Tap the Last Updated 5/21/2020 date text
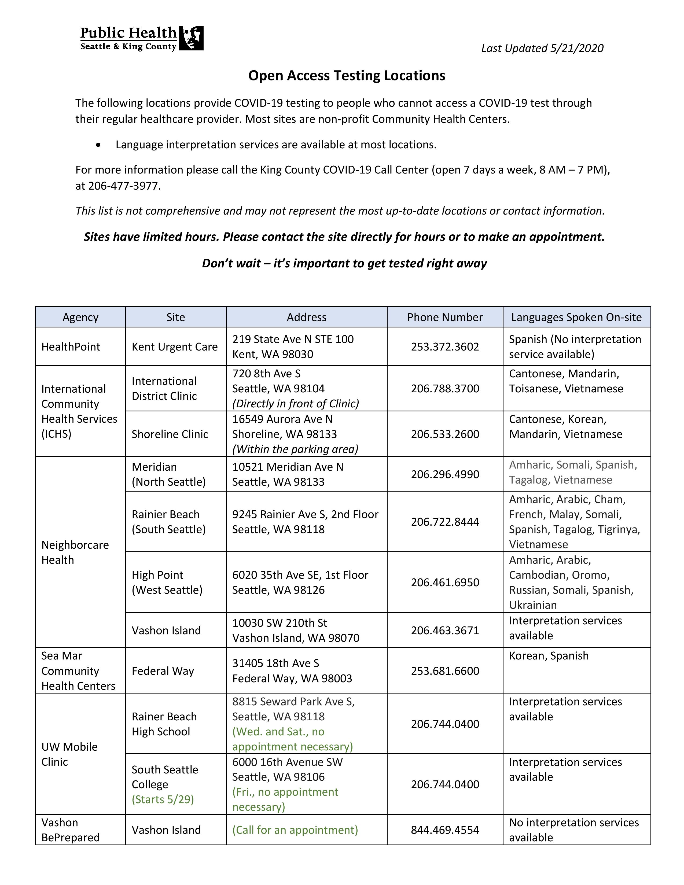[542, 48]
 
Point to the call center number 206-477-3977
[124, 186]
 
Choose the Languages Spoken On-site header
[576, 317]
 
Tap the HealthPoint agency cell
[71, 347]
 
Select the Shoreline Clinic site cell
[170, 434]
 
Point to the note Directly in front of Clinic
[295, 404]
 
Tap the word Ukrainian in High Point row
[533, 605]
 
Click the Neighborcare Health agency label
[75, 552]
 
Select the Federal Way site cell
[163, 671]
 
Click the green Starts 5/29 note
[163, 799]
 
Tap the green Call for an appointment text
[295, 830]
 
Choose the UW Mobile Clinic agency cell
[69, 754]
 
